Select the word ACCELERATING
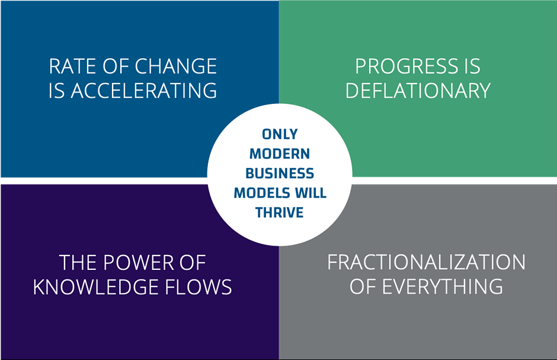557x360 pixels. pos(144,91)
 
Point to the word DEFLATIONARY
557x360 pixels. pos(418,91)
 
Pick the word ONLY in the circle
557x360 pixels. pos(280,135)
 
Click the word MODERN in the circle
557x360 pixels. pos(280,154)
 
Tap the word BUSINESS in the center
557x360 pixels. pos(280,173)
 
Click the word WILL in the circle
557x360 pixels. pos(310,193)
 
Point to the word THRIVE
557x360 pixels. pos(280,212)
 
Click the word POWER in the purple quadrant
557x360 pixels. pos(140,263)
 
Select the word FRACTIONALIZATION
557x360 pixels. pos(426,263)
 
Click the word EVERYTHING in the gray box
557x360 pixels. pos(442,287)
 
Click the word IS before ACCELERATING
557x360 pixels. pos(57,91)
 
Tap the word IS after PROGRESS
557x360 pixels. pos(472,66)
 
